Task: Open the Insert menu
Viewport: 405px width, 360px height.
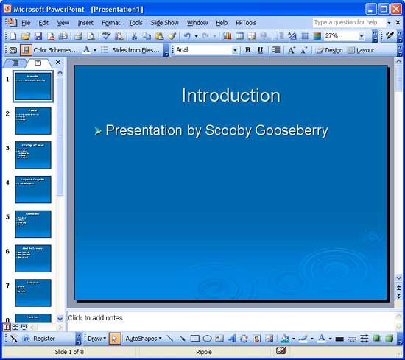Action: click(x=85, y=23)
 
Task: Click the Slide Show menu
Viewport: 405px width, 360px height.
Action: click(x=166, y=23)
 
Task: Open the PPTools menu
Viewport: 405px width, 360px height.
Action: click(x=246, y=23)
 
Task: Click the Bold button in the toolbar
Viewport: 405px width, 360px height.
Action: click(x=247, y=50)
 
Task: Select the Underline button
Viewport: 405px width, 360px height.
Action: click(x=260, y=50)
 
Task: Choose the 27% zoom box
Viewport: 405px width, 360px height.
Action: click(x=339, y=35)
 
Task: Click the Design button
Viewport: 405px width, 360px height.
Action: click(x=329, y=50)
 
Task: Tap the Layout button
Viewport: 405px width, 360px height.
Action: click(x=361, y=50)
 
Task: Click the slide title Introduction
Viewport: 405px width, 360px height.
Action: click(x=230, y=96)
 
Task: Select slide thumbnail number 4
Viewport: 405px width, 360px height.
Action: click(x=33, y=189)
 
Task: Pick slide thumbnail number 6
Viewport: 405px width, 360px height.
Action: click(x=33, y=258)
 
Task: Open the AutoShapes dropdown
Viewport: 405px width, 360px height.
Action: click(x=143, y=339)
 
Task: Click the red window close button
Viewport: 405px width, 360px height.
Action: click(x=395, y=9)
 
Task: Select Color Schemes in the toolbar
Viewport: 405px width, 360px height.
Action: click(x=55, y=50)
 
